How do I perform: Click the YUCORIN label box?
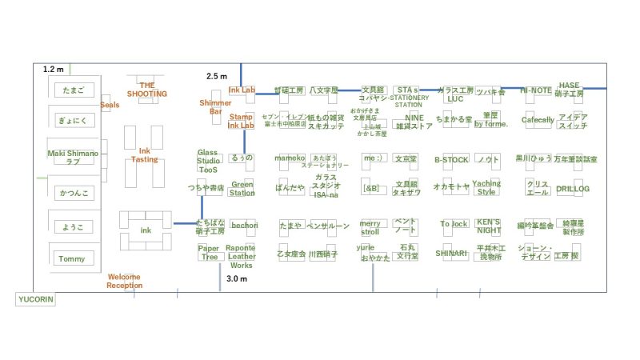(35, 300)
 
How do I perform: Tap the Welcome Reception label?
(124, 281)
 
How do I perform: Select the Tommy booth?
(71, 258)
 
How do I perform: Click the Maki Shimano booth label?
(72, 157)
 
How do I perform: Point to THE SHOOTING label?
(147, 89)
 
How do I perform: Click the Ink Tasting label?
(145, 154)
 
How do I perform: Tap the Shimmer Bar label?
(215, 107)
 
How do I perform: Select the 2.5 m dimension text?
(217, 76)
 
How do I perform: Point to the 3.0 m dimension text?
(237, 279)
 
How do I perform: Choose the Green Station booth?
(242, 188)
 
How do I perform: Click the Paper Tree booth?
(209, 253)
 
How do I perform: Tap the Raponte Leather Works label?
(241, 256)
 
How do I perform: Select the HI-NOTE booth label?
(536, 90)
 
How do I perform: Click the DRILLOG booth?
(573, 189)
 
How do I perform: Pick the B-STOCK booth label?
(451, 159)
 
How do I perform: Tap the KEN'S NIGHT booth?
(488, 225)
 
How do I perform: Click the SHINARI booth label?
(451, 253)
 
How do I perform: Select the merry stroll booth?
(370, 227)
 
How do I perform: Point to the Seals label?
(110, 106)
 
